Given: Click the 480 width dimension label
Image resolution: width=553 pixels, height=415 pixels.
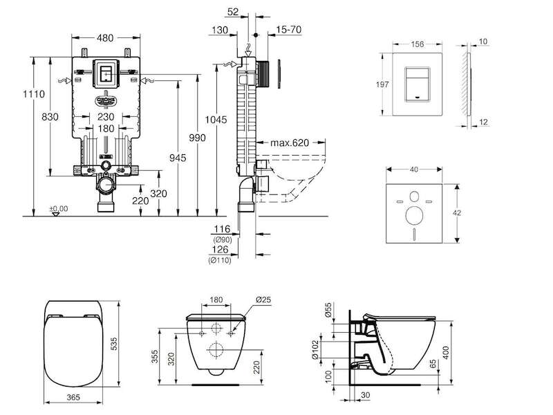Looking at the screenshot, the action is [106, 37].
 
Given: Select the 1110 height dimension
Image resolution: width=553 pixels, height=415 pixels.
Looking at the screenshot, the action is [34, 94].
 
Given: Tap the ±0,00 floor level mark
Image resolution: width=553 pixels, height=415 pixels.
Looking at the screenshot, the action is [59, 209].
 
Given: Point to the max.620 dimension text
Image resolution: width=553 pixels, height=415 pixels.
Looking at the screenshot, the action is [290, 142].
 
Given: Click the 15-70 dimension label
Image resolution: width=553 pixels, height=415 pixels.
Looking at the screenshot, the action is [289, 30].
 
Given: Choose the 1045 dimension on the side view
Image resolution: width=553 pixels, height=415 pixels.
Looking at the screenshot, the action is [216, 120].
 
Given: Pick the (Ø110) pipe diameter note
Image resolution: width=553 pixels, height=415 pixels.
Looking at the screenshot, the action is [220, 261].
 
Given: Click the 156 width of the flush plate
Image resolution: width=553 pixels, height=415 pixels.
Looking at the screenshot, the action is [418, 44].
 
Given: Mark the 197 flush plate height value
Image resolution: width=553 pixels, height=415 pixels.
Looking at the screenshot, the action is [382, 84].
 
